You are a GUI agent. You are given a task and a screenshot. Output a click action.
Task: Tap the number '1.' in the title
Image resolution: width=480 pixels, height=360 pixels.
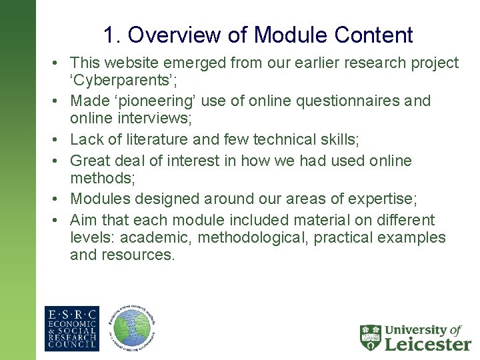(x=112, y=35)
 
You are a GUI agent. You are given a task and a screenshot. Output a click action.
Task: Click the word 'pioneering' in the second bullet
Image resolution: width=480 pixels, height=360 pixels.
(x=158, y=101)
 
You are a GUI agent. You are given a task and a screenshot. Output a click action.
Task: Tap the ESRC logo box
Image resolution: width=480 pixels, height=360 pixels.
(x=71, y=328)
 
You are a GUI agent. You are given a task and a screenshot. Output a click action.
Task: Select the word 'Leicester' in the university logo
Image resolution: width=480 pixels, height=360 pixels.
(x=427, y=344)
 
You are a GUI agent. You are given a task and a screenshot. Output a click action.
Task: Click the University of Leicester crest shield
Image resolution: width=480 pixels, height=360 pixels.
(x=371, y=337)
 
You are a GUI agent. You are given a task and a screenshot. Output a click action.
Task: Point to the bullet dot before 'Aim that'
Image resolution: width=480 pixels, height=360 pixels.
(x=57, y=220)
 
